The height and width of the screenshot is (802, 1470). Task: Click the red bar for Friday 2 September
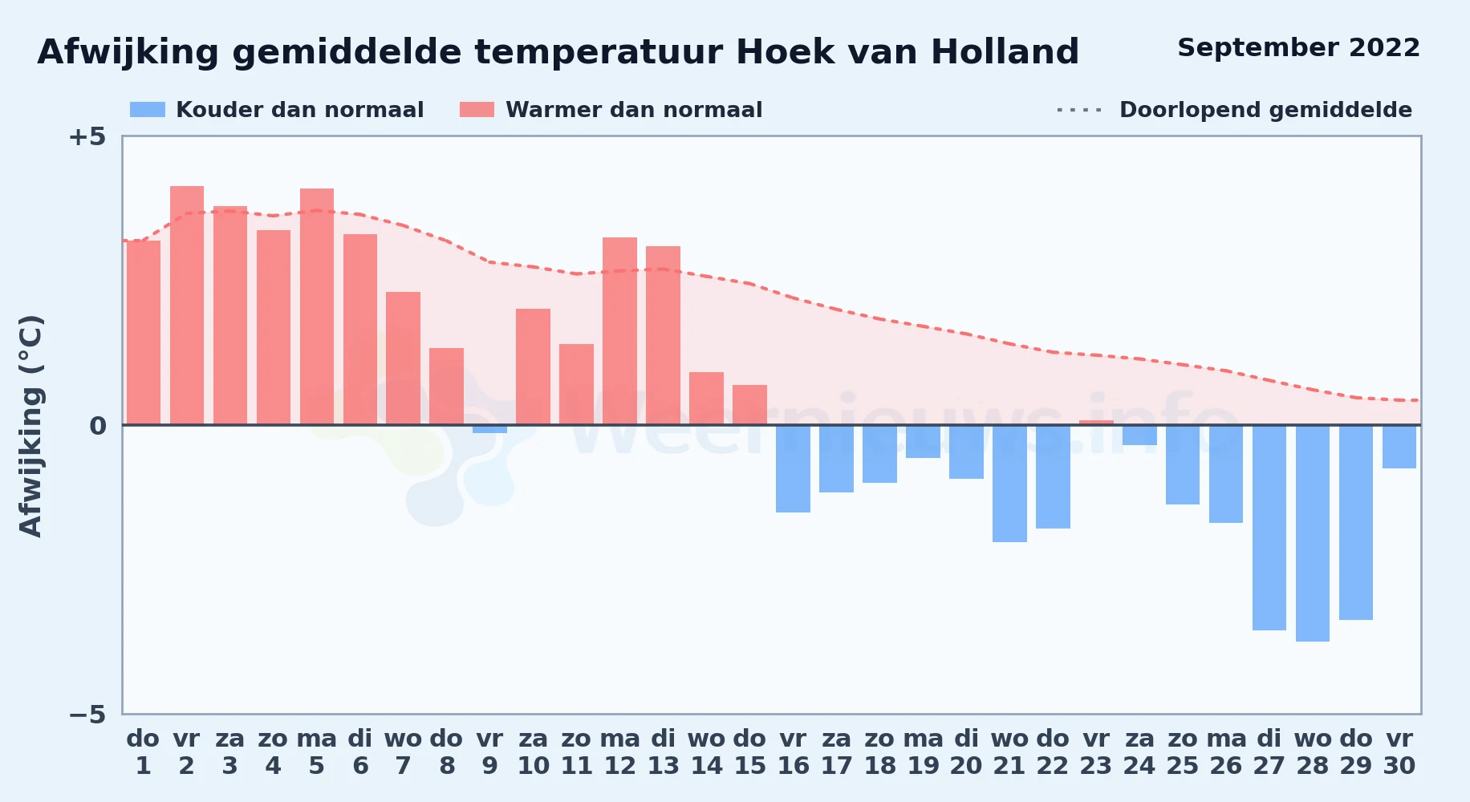click(x=187, y=306)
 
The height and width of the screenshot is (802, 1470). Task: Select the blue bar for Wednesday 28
click(x=1313, y=533)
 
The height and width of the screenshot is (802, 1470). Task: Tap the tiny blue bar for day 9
click(x=489, y=429)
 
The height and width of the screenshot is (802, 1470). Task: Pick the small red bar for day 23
click(x=1096, y=423)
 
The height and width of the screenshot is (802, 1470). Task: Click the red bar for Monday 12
click(x=619, y=331)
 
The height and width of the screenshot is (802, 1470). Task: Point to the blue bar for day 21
click(x=1009, y=484)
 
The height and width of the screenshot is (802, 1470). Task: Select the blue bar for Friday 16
click(x=793, y=468)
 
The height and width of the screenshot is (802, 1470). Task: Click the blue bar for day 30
click(x=1399, y=447)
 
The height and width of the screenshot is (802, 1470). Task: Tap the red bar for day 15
click(x=749, y=405)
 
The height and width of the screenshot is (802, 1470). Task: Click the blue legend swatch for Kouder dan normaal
click(x=148, y=110)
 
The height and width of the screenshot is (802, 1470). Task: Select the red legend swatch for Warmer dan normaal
click(x=477, y=110)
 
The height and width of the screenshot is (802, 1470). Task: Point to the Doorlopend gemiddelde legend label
click(x=1265, y=110)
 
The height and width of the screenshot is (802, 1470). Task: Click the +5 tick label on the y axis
click(x=87, y=137)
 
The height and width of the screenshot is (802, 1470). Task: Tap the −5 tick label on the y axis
click(x=87, y=715)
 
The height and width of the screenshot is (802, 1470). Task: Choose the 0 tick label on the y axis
click(x=98, y=426)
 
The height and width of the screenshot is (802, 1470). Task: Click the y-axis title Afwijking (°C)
click(x=30, y=426)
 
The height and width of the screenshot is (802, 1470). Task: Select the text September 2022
click(x=1298, y=48)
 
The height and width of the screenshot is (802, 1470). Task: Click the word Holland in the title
click(x=1005, y=52)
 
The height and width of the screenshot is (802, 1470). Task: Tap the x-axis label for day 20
click(x=966, y=752)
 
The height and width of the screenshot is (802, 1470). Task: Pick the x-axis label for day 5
click(x=317, y=752)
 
